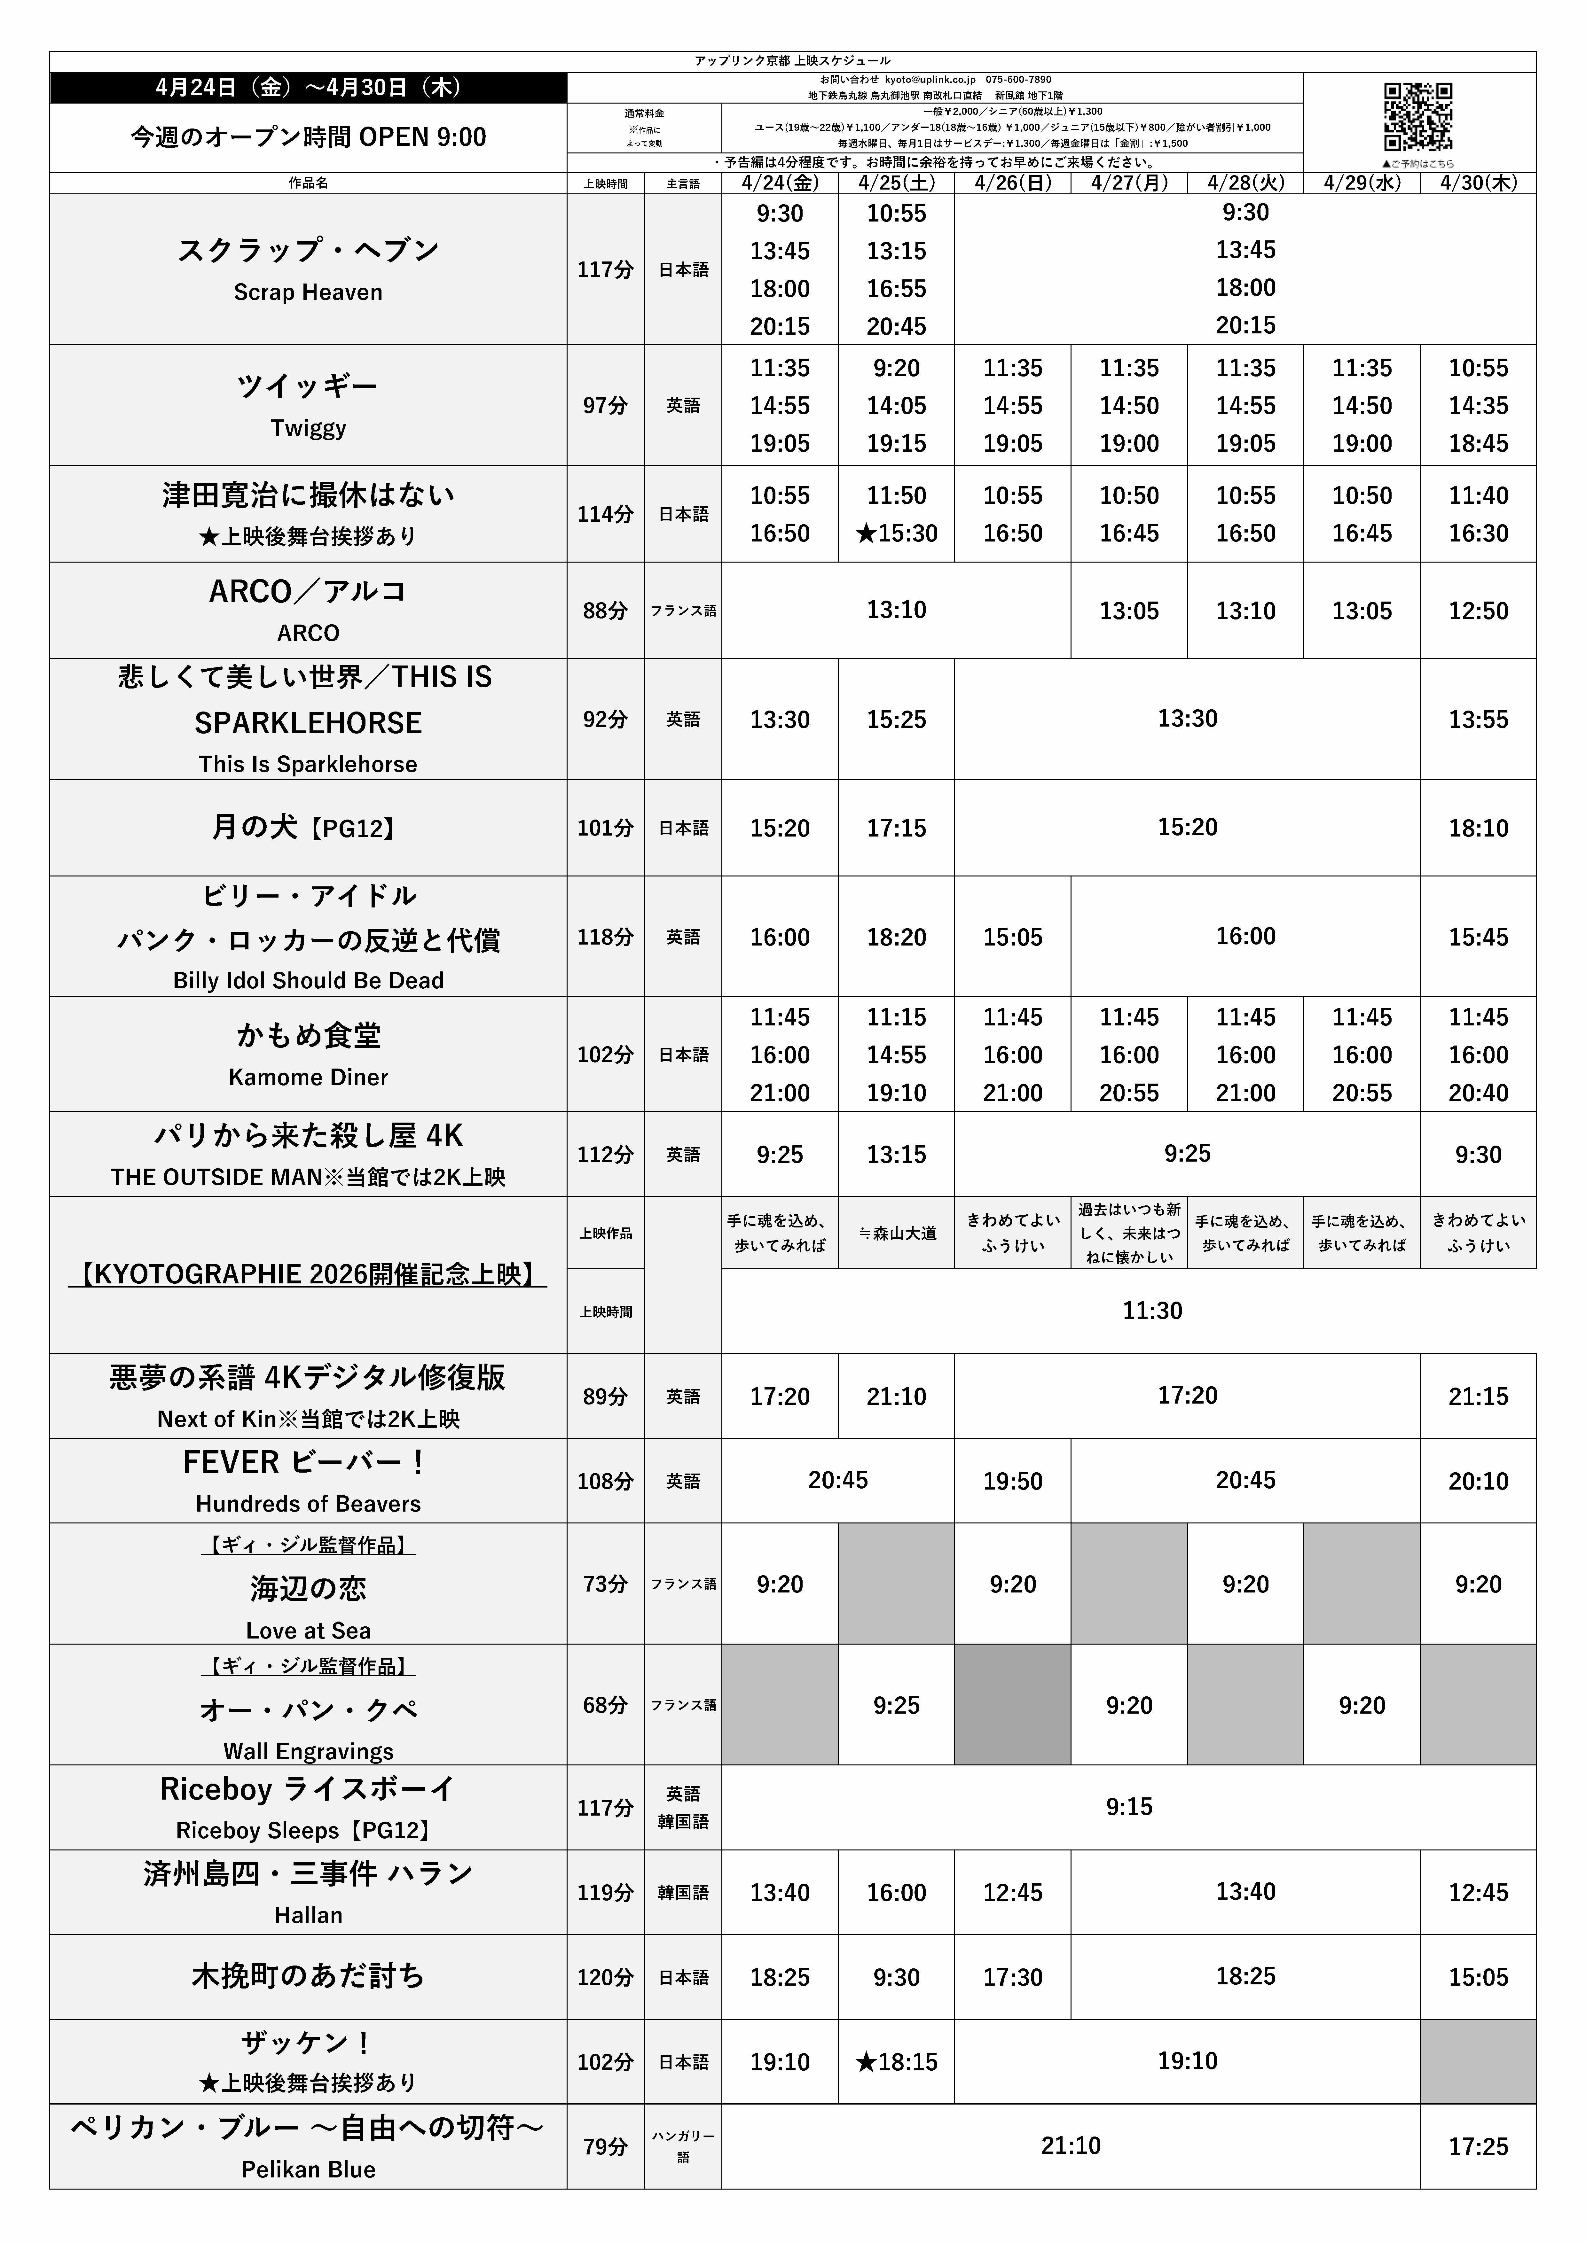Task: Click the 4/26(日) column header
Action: [x=1013, y=183]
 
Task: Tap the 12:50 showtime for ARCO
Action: [x=1478, y=610]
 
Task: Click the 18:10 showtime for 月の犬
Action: [x=1478, y=828]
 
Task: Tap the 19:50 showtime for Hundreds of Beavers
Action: [x=1013, y=1481]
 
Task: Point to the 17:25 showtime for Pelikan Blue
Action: [x=1478, y=2146]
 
